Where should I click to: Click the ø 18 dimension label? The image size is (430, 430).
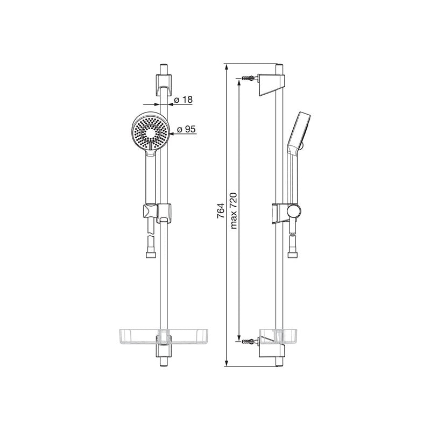click(183, 100)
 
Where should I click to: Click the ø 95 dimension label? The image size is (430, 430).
click(186, 129)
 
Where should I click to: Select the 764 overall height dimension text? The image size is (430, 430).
click(221, 210)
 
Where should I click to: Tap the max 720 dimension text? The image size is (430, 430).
click(234, 210)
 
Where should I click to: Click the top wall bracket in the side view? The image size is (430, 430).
click(272, 84)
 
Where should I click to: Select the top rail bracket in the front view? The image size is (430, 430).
click(164, 84)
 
